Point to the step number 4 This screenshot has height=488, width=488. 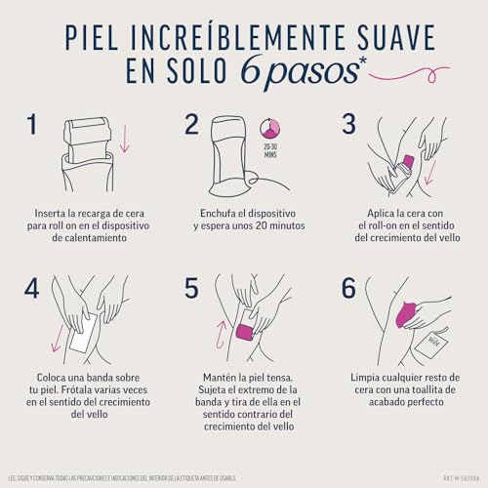coord(33,290)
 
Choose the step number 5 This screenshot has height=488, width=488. coord(190,290)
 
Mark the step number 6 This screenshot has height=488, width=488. coord(348,290)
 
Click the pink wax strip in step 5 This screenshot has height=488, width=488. coord(245,334)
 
